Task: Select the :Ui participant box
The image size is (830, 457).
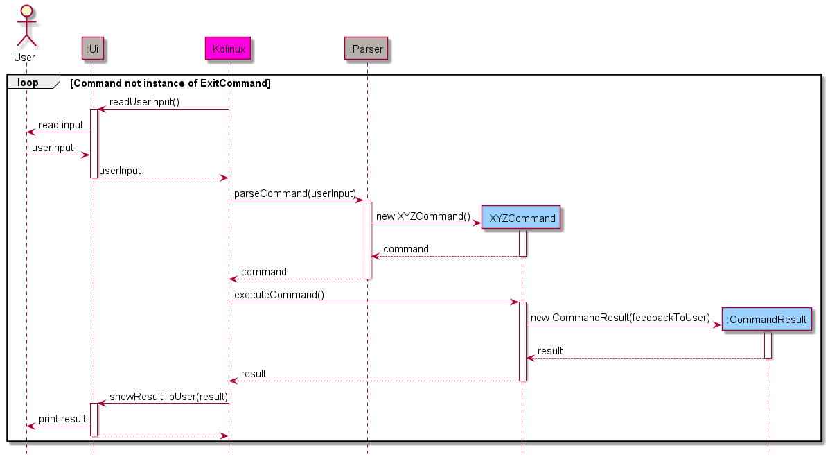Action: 94,48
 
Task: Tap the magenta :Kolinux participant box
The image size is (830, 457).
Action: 228,48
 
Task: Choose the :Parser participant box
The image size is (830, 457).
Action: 366,48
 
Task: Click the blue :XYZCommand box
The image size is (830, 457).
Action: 521,218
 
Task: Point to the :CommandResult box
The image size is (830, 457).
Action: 766,320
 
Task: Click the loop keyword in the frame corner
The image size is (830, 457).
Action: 28,83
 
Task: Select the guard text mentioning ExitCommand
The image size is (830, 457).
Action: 170,83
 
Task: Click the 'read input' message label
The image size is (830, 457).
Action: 61,126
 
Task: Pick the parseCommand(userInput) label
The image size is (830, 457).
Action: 294,193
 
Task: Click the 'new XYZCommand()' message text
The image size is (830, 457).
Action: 423,216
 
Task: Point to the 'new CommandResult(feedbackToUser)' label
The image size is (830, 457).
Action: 620,318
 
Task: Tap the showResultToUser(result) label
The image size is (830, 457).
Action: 168,397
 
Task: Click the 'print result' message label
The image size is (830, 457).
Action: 62,419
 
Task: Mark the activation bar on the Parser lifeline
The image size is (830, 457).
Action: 367,239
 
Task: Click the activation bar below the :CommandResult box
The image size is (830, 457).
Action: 768,345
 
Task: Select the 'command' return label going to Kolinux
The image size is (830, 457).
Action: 263,272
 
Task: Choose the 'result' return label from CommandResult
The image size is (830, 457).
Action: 550,351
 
